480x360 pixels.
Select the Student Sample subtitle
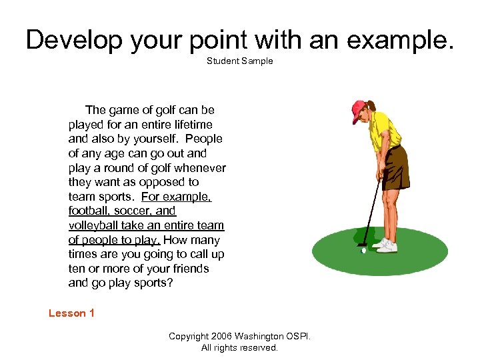[239, 61]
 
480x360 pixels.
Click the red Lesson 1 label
[71, 313]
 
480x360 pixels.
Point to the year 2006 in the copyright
[219, 336]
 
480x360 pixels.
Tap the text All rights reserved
[239, 347]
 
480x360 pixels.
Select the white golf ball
[363, 251]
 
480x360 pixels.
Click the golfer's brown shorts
[395, 167]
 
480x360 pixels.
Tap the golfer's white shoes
[385, 245]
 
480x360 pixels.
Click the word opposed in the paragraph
[165, 182]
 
